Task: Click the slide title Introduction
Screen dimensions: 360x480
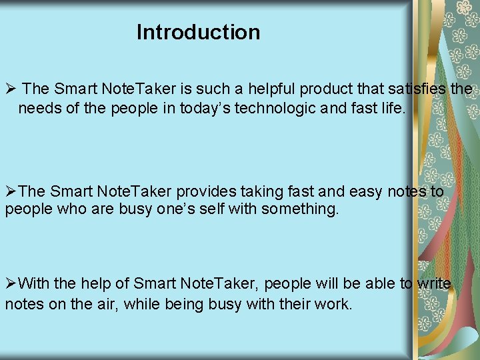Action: pyautogui.click(x=198, y=32)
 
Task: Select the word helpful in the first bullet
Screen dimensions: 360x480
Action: pyautogui.click(x=273, y=89)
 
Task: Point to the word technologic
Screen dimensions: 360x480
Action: pyautogui.click(x=279, y=108)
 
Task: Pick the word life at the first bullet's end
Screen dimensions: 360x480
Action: pyautogui.click(x=391, y=108)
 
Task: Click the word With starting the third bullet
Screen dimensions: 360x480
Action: pyautogui.click(x=34, y=283)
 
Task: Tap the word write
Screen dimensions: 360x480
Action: pyautogui.click(x=435, y=283)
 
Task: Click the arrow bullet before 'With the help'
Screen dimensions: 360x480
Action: pyautogui.click(x=11, y=283)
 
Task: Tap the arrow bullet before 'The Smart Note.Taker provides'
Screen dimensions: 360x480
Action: pyautogui.click(x=11, y=191)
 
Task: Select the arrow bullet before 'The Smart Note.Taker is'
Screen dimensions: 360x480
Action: pyautogui.click(x=11, y=89)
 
